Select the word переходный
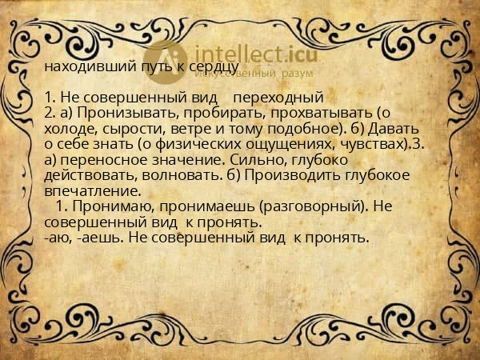(282, 98)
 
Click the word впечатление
(92, 191)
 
